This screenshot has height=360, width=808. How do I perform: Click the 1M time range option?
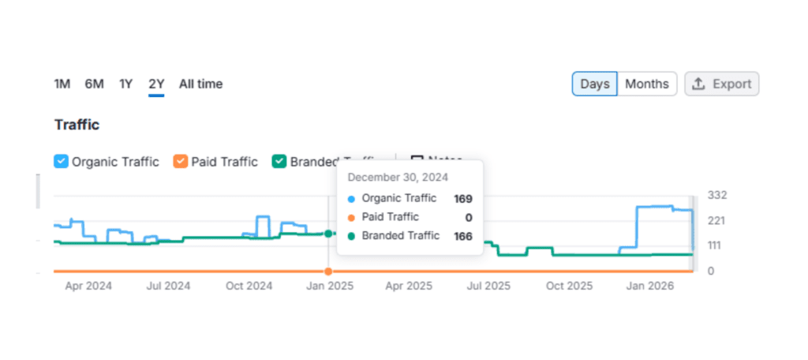(x=62, y=84)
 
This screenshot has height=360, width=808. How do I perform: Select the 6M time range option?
(x=94, y=84)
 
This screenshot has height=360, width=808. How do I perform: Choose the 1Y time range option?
(x=126, y=84)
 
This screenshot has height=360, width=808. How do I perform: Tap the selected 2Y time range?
(x=156, y=84)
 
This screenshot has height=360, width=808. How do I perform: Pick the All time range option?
(x=200, y=84)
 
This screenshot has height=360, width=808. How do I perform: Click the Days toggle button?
(x=594, y=84)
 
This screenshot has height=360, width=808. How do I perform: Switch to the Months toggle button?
(x=646, y=84)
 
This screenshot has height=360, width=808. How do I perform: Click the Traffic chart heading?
(x=77, y=125)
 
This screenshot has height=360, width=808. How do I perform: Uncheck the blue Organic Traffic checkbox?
(x=62, y=162)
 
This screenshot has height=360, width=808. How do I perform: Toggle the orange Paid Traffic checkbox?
(x=181, y=162)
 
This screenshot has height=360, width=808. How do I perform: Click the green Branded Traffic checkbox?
(x=279, y=162)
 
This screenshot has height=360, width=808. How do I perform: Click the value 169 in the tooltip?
(x=462, y=199)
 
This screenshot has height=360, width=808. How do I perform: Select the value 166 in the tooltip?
(x=462, y=235)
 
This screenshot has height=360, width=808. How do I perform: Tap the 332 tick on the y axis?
(x=716, y=195)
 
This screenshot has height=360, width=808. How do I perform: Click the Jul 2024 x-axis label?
(x=168, y=286)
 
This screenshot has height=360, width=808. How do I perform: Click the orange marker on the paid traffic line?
(x=328, y=272)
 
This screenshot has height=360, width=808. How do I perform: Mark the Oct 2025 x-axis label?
(x=569, y=286)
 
